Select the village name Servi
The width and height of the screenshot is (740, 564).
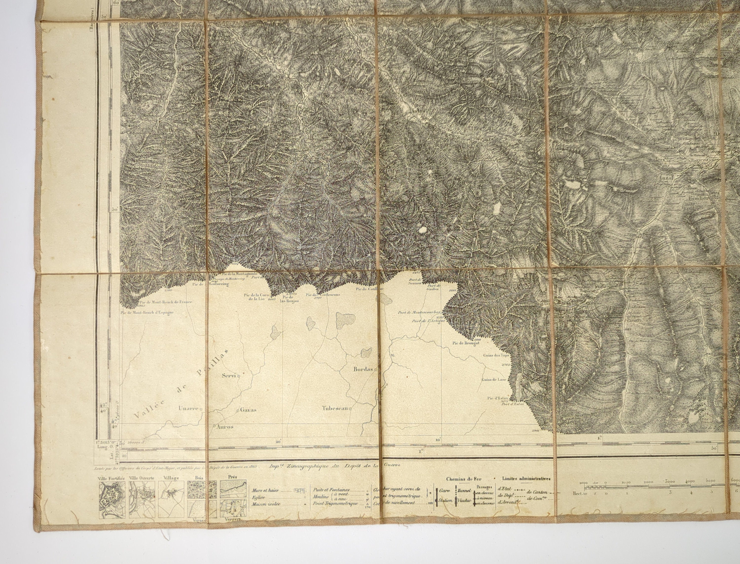pos(229,376)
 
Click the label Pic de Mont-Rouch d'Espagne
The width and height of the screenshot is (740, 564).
pos(147,312)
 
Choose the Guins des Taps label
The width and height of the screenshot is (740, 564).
pos(496,356)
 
